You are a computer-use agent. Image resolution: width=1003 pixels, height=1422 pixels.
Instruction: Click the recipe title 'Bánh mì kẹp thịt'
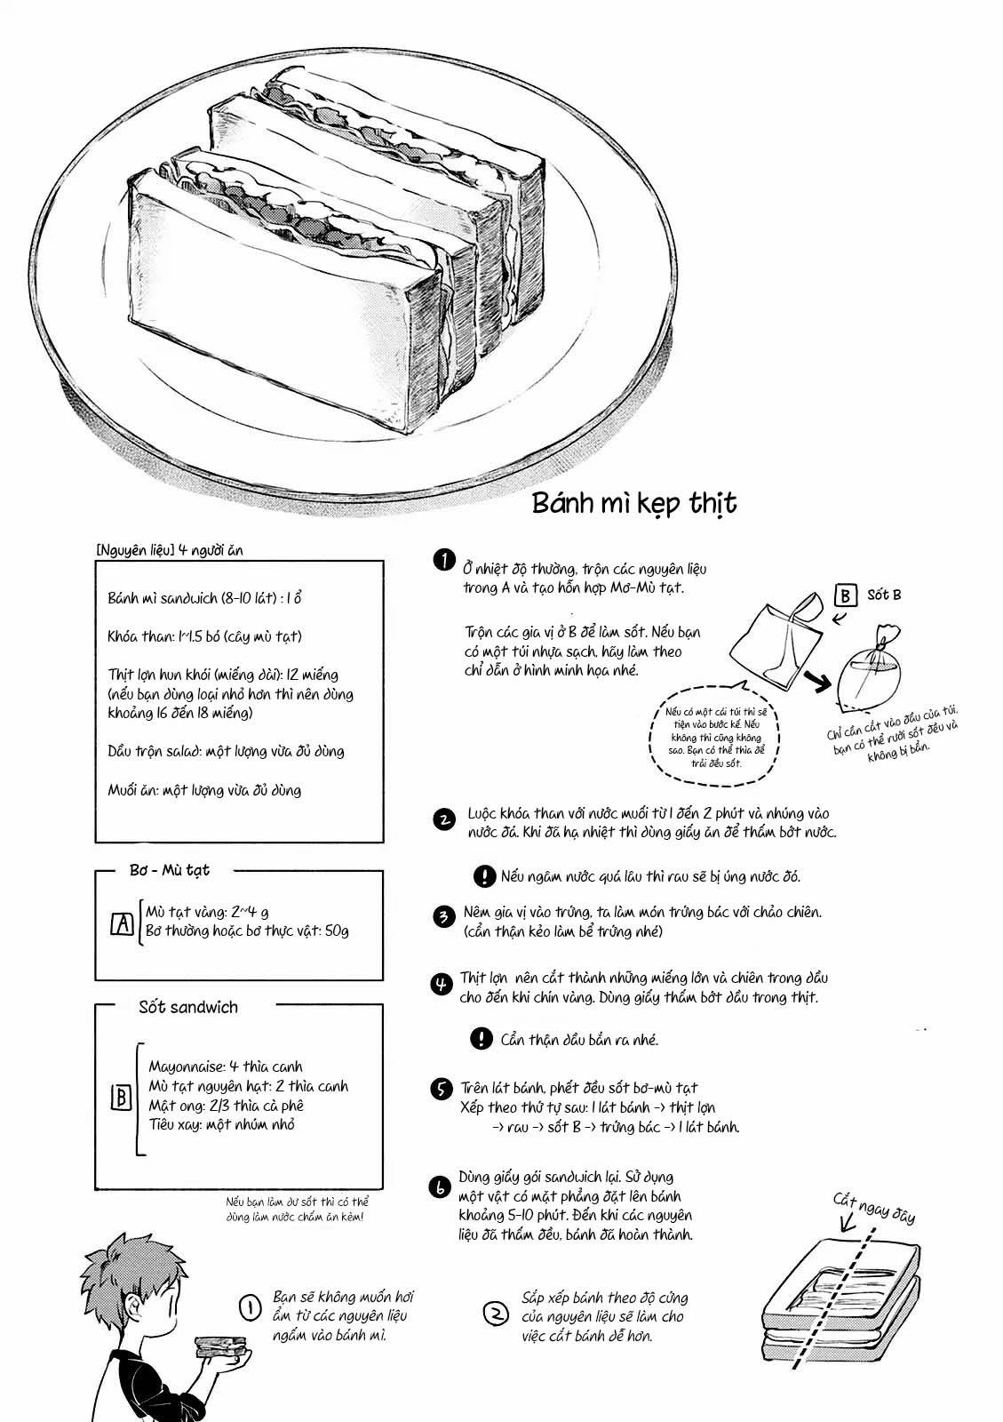(634, 503)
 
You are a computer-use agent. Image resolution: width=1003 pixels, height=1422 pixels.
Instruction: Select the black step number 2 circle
(443, 819)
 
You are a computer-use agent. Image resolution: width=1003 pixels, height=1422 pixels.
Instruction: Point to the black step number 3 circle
(443, 917)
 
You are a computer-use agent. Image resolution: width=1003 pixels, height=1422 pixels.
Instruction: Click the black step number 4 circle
(442, 984)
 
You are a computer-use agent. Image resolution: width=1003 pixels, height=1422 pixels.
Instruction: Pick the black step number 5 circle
(442, 1090)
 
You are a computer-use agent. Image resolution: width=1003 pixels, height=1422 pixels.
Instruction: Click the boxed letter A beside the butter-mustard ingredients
(122, 924)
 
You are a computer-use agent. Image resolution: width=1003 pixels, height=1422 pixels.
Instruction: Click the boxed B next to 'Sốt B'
(846, 595)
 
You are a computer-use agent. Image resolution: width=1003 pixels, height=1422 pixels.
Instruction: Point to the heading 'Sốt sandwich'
(188, 1007)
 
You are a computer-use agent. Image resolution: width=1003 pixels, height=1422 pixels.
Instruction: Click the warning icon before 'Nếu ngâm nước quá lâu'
(483, 876)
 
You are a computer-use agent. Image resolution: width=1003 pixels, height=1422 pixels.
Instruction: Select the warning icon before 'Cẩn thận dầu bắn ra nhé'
(481, 1038)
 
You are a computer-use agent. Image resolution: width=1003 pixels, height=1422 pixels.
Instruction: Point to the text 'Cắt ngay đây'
(873, 1210)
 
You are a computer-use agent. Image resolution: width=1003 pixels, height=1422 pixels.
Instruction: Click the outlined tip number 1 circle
(251, 1306)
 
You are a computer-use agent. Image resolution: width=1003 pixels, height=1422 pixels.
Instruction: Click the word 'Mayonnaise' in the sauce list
(187, 1066)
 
